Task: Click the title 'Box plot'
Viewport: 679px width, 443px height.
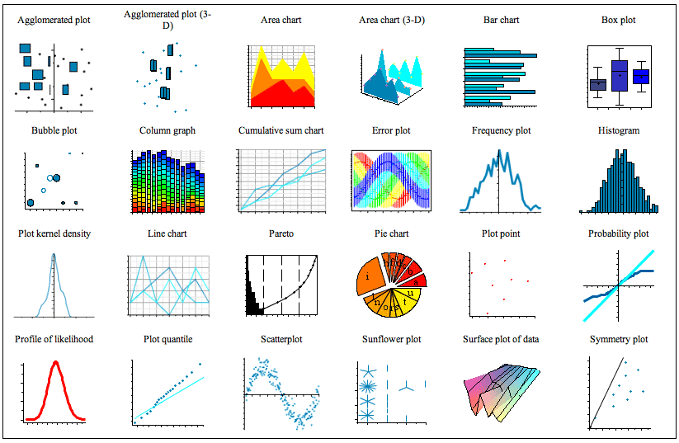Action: click(x=618, y=20)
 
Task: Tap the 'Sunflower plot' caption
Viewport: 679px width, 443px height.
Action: click(x=391, y=339)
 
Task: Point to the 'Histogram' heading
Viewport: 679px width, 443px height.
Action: click(x=619, y=130)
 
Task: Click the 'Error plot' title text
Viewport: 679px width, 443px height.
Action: click(x=391, y=130)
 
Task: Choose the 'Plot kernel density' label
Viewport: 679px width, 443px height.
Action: click(x=54, y=233)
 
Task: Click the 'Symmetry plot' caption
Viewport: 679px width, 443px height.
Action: click(x=619, y=339)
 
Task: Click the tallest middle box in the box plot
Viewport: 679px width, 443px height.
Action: click(x=620, y=75)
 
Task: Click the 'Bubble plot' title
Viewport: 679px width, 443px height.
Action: click(x=54, y=130)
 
